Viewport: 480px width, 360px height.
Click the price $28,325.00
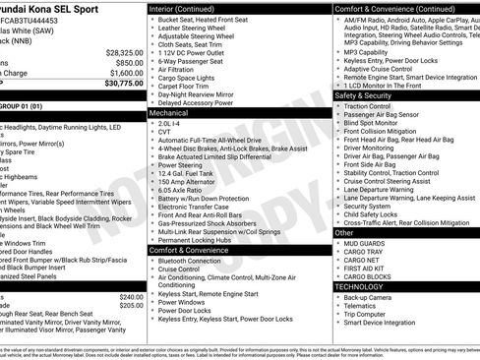[123, 51]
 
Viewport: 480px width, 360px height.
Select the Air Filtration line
[183, 70]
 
